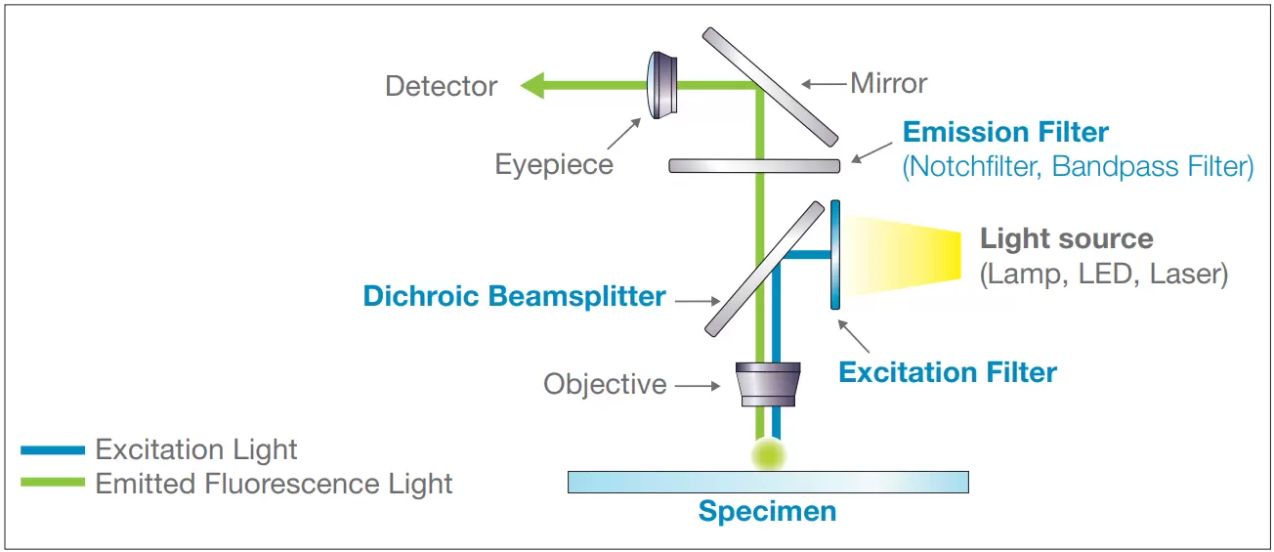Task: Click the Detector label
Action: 441,86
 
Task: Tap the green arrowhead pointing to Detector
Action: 533,86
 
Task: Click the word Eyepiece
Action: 554,163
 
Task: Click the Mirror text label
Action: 888,83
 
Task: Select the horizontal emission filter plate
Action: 753,165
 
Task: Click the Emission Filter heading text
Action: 1005,132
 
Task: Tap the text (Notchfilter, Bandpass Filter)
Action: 1078,166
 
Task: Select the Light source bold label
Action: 1066,238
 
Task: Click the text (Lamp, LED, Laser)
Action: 1103,274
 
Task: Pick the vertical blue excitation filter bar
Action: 835,254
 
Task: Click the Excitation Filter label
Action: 948,372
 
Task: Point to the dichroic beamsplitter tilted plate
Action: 765,268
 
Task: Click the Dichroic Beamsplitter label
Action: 514,296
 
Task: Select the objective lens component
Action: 768,384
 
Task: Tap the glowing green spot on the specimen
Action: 768,452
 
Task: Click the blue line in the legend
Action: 53,450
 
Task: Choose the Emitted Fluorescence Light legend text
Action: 274,484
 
